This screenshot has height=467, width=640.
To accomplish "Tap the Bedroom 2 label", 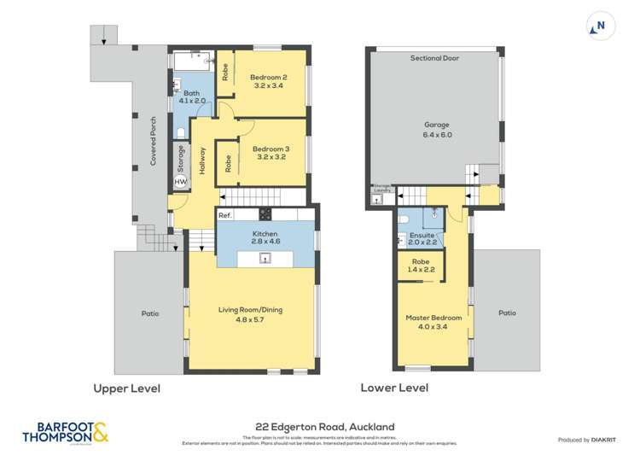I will (x=270, y=81).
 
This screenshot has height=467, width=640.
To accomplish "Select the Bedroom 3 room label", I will (x=270, y=153).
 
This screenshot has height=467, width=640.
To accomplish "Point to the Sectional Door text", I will (x=435, y=58).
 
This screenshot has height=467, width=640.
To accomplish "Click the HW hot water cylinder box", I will (x=180, y=182).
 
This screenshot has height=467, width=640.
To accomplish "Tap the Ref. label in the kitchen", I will (x=225, y=215).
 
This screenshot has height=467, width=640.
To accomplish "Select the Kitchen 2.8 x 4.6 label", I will (x=265, y=237).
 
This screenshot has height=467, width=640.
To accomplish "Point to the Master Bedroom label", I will (x=433, y=322).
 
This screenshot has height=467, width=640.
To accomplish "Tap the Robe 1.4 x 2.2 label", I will (x=421, y=266).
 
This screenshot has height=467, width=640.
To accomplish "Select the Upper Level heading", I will (x=126, y=388).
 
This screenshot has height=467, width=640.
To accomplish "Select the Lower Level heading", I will (x=394, y=388).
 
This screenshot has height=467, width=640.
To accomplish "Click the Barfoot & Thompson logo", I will (x=61, y=433).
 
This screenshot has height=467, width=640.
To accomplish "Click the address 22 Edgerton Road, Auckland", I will (x=319, y=424).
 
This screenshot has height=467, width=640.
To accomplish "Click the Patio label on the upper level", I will (x=150, y=313).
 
